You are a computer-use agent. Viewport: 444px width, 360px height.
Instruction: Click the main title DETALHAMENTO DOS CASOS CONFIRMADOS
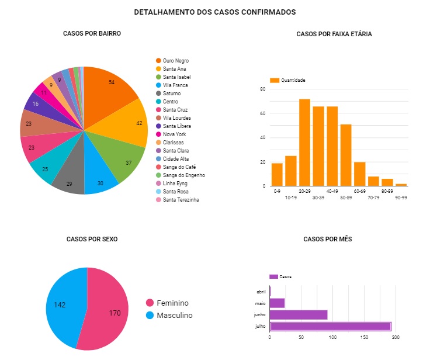coord(214,12)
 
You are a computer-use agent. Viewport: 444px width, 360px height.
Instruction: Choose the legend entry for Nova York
coord(174,134)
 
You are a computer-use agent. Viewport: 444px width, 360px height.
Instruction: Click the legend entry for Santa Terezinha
coord(181,200)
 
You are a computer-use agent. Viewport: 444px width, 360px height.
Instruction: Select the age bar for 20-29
coord(304,143)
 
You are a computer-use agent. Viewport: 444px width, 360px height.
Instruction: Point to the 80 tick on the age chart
coord(263,89)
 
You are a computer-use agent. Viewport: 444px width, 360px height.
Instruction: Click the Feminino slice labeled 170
coord(108,313)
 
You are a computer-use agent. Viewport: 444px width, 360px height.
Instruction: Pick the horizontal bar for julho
coord(330,326)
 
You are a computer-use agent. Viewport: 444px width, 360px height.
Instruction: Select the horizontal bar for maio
coord(277,303)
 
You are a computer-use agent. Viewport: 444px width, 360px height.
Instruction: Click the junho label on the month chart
coord(261,314)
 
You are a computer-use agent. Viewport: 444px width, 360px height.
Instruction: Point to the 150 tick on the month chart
coord(364,337)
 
